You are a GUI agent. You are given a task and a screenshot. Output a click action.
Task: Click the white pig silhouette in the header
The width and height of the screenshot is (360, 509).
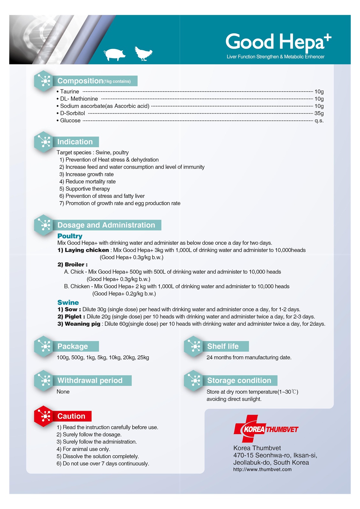[115, 54]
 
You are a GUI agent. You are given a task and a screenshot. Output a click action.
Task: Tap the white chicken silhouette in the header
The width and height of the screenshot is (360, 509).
[143, 53]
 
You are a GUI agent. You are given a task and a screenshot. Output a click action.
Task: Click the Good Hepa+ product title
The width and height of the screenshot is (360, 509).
[278, 42]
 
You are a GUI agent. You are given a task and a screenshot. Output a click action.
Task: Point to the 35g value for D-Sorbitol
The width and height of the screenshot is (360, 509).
[319, 113]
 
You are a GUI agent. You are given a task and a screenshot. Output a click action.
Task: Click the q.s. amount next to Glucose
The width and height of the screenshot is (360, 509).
[319, 121]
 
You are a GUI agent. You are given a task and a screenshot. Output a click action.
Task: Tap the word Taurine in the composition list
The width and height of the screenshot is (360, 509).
[69, 92]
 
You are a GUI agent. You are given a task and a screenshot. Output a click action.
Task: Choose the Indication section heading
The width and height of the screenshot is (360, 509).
[75, 142]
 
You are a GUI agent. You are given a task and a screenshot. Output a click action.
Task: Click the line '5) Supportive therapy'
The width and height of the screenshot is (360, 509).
[85, 189]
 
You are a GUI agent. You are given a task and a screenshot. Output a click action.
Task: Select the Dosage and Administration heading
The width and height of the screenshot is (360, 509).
[106, 225]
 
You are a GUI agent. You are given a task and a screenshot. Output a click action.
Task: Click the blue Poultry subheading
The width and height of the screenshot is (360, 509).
[70, 236]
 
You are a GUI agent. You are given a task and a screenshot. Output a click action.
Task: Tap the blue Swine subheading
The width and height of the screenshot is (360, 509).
[68, 303]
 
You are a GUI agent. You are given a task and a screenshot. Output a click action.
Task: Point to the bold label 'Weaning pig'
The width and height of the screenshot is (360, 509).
[82, 324]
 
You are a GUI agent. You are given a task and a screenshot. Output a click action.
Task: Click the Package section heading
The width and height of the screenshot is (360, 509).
[73, 346]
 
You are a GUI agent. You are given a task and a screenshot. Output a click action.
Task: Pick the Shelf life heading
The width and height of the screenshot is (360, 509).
[223, 346]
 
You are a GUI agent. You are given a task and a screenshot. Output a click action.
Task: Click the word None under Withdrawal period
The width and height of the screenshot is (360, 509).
[63, 392]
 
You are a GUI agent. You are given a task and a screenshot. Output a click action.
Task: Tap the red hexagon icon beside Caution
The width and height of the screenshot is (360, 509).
[44, 416]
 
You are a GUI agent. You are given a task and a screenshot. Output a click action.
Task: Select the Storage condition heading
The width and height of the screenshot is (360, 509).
[239, 380]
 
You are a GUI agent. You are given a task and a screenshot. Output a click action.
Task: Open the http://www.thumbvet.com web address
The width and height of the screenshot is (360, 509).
[262, 470]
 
